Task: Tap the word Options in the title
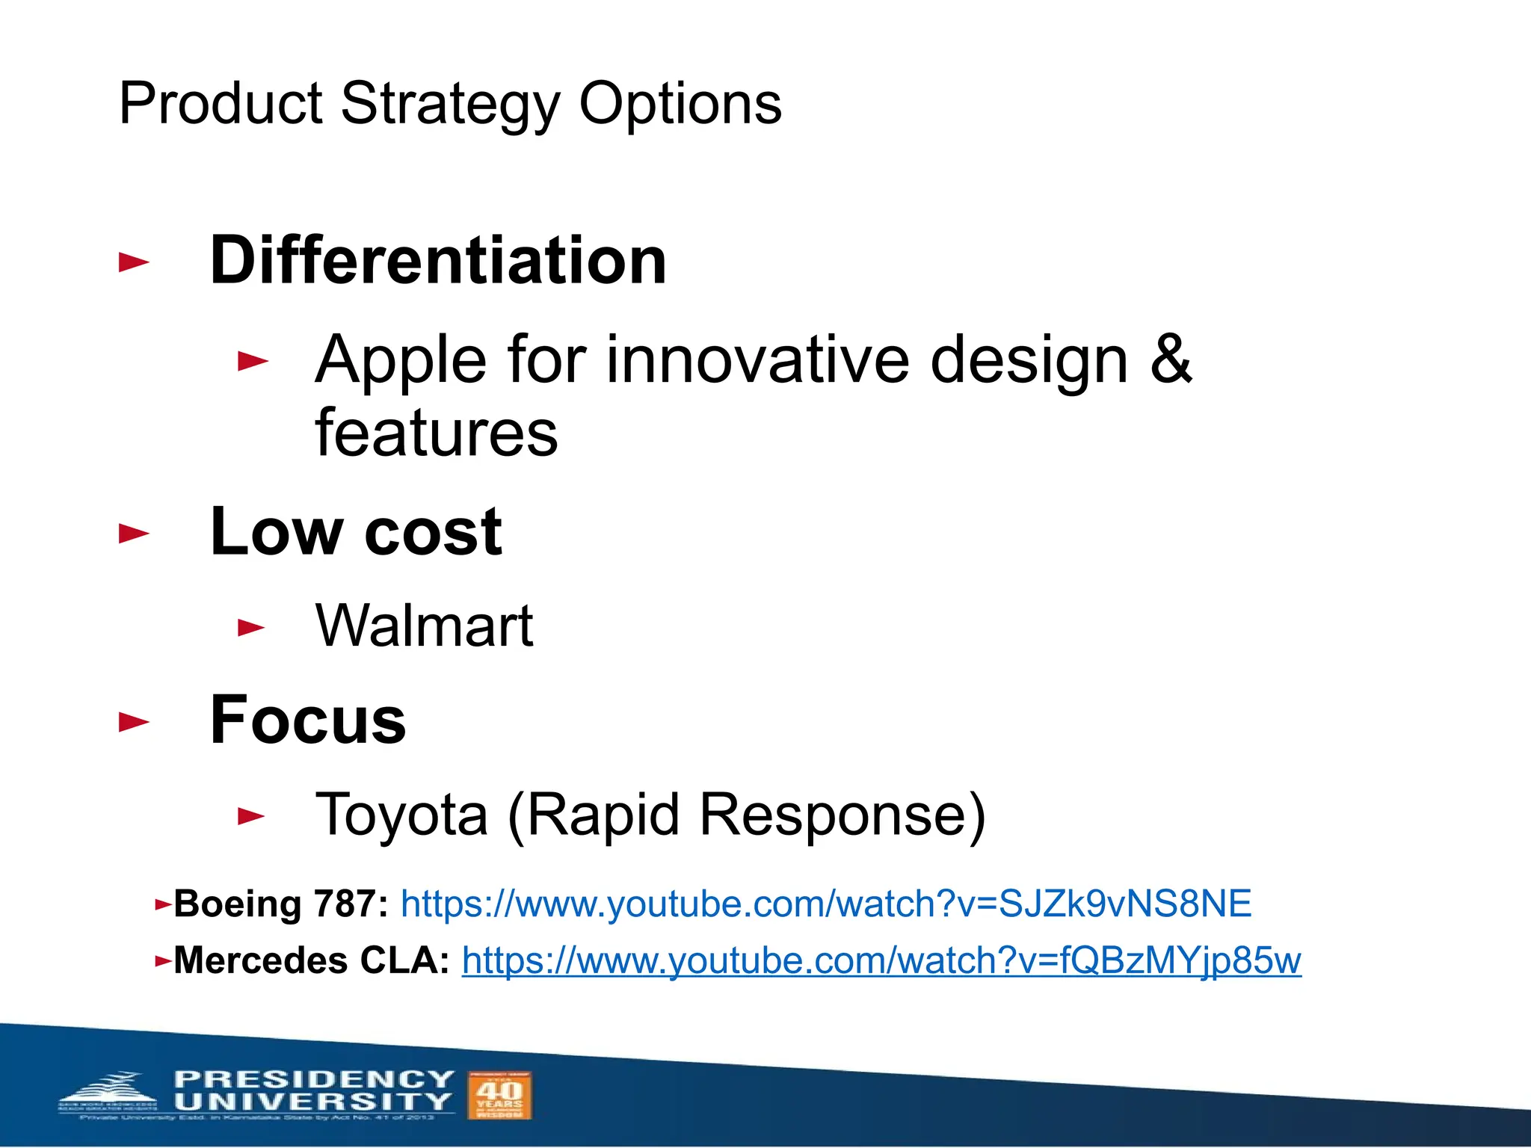680,105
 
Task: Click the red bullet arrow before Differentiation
134,262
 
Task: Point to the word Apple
401,361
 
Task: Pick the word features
437,433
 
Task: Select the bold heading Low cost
356,531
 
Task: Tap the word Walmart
424,626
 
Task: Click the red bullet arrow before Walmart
251,627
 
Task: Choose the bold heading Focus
308,720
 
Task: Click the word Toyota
401,815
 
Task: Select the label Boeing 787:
281,904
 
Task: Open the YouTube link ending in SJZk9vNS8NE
825,904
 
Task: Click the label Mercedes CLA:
311,960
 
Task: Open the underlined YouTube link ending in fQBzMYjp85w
881,961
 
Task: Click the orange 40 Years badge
499,1096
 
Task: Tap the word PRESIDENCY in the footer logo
314,1079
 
